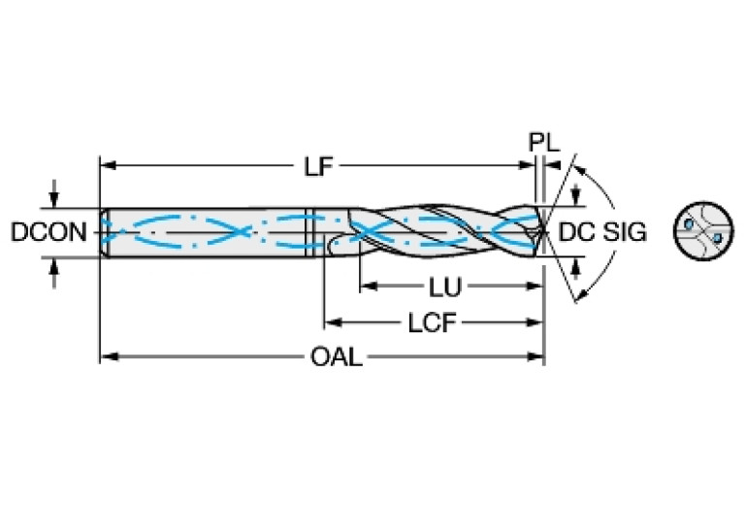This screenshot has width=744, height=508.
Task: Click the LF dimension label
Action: pyautogui.click(x=317, y=166)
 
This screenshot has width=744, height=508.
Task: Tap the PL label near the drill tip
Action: pyautogui.click(x=543, y=142)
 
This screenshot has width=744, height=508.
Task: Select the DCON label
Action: pyautogui.click(x=49, y=232)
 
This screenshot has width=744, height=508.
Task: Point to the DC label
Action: pyautogui.click(x=578, y=232)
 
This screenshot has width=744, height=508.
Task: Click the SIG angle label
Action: pyautogui.click(x=624, y=232)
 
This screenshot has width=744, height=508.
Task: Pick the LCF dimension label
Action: pyautogui.click(x=431, y=322)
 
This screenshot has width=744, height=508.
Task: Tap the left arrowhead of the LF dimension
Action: pyautogui.click(x=108, y=166)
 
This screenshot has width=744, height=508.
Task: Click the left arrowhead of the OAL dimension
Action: pyautogui.click(x=108, y=357)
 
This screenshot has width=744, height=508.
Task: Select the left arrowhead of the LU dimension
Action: pyautogui.click(x=367, y=288)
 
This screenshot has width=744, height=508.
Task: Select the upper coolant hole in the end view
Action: pyautogui.click(x=689, y=224)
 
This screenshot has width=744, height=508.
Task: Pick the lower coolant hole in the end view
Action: pyautogui.click(x=714, y=237)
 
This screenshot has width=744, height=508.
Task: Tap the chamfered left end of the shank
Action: pyautogui.click(x=103, y=231)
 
